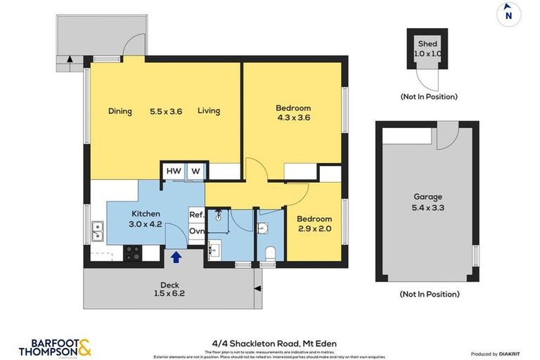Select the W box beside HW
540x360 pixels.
coord(196,171)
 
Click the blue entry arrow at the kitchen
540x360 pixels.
coord(176,257)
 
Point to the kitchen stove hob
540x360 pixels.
coord(132,253)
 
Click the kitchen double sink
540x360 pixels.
coord(98,229)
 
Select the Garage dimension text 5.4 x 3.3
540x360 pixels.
coord(427,209)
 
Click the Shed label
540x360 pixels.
coord(428,44)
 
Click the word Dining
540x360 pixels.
coord(120,111)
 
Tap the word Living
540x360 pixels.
coord(209,111)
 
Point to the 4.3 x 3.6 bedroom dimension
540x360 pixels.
coord(292,117)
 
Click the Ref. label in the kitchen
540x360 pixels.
coord(196,214)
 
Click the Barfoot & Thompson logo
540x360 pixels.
coord(55,346)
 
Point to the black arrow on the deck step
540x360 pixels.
coord(258,288)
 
